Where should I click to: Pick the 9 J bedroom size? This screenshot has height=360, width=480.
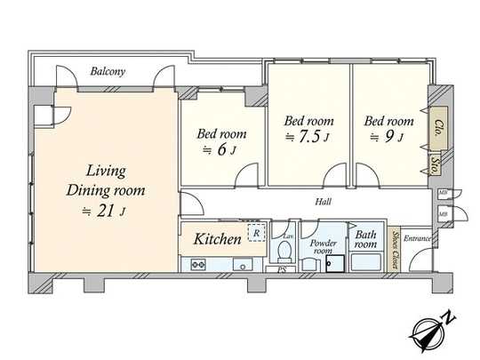pyautogui.click(x=388, y=137)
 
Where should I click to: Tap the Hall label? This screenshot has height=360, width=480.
pyautogui.click(x=324, y=202)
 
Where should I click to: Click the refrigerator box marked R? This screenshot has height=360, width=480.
pyautogui.click(x=255, y=234)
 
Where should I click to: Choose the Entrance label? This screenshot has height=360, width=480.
pyautogui.click(x=418, y=238)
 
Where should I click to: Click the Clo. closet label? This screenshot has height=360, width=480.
pyautogui.click(x=436, y=127)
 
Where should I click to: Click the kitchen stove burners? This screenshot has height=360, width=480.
pyautogui.click(x=196, y=263)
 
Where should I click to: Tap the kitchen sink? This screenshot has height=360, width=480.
pyautogui.click(x=240, y=264)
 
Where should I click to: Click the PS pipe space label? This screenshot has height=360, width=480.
pyautogui.click(x=282, y=269)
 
